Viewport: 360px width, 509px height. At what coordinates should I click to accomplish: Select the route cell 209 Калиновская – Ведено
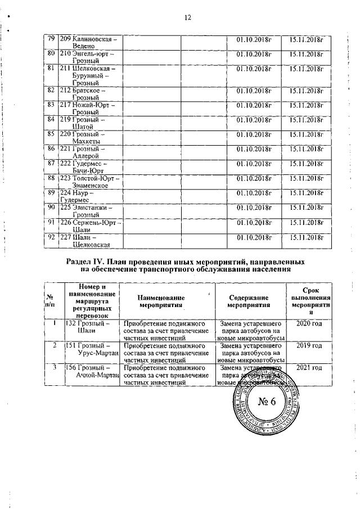click(x=89, y=43)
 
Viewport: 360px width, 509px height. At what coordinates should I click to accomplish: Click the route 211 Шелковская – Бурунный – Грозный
click(x=90, y=75)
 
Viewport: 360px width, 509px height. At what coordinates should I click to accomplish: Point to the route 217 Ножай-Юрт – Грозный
click(x=89, y=108)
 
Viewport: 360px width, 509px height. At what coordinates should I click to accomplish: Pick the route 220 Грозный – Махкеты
click(x=89, y=137)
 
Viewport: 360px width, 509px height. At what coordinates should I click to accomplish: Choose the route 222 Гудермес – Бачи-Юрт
click(x=89, y=166)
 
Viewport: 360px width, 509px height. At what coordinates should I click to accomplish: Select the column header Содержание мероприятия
click(x=248, y=301)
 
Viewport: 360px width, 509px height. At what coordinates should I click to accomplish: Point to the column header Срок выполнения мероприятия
click(x=307, y=301)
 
